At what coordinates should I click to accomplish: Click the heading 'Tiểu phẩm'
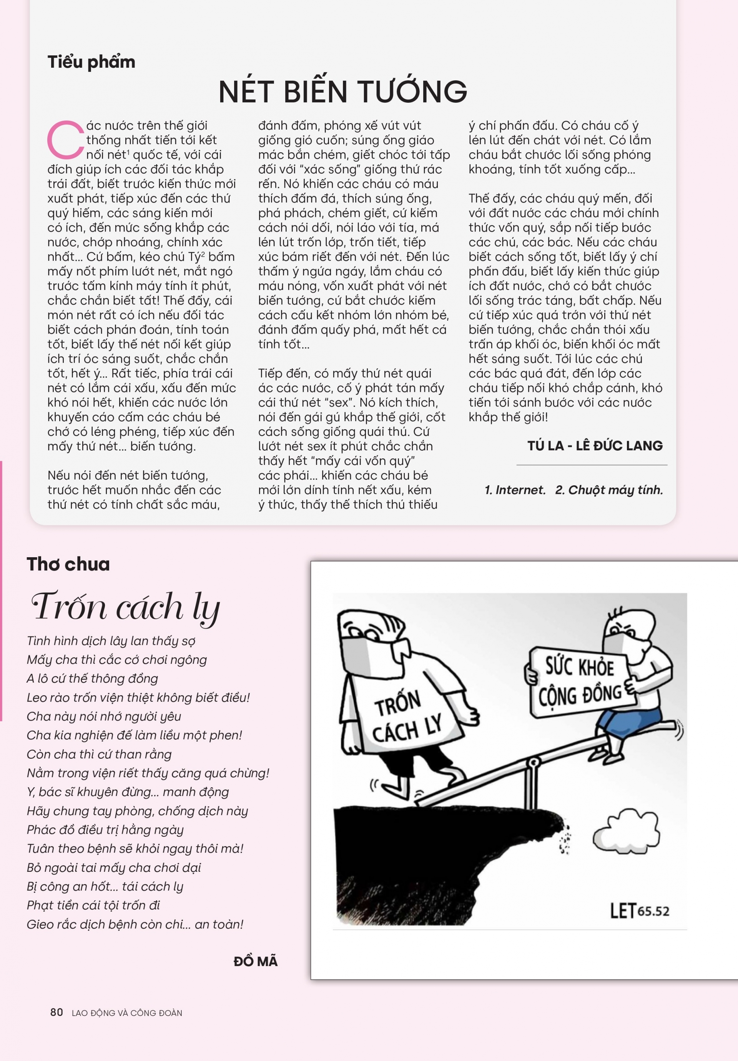pyautogui.click(x=91, y=62)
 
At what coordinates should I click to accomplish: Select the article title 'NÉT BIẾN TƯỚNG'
pyautogui.click(x=343, y=92)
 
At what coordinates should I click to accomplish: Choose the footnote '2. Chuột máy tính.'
pyautogui.click(x=609, y=490)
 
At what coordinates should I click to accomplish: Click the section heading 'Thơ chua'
pyautogui.click(x=68, y=564)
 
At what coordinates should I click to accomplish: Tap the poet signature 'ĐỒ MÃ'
pyautogui.click(x=255, y=961)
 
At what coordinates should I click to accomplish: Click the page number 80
pyautogui.click(x=57, y=1013)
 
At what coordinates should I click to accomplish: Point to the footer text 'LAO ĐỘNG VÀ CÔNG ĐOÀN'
pyautogui.click(x=127, y=1013)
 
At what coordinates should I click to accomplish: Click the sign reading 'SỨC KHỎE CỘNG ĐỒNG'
pyautogui.click(x=580, y=681)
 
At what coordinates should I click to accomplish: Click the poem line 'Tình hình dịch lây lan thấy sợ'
pyautogui.click(x=111, y=641)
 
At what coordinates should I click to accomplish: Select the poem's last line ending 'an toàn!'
pyautogui.click(x=135, y=924)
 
